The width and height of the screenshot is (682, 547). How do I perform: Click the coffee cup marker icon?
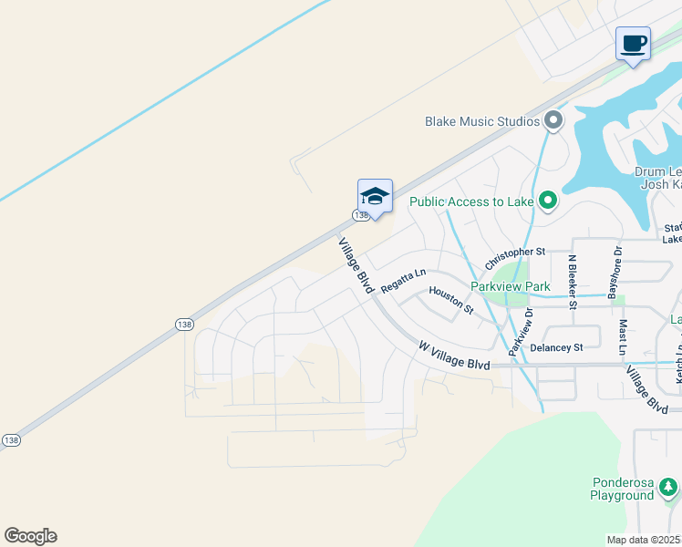click(633, 43)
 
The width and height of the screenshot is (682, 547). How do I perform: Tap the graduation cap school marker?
click(375, 196)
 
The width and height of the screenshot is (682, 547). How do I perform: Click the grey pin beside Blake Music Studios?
click(553, 120)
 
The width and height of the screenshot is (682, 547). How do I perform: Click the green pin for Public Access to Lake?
click(547, 201)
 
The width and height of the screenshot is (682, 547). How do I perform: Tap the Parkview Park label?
click(510, 286)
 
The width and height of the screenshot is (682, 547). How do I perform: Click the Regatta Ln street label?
click(403, 280)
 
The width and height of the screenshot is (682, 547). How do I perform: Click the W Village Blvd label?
click(454, 356)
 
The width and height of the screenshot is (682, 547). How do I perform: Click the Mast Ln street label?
click(623, 338)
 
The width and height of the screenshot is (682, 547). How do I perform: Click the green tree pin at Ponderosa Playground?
click(669, 487)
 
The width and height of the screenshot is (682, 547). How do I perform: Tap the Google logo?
click(30, 536)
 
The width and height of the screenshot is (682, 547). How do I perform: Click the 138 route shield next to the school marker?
click(361, 215)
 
